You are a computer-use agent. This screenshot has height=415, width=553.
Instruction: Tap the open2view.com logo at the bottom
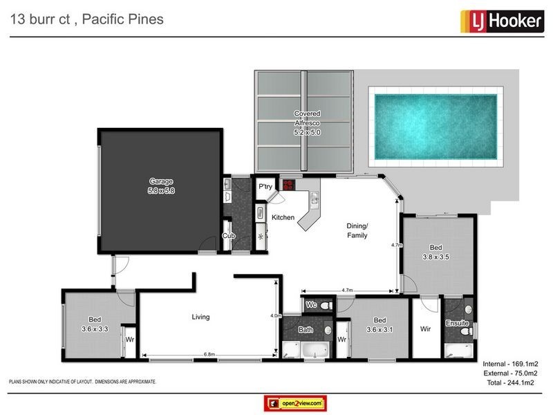(295, 403)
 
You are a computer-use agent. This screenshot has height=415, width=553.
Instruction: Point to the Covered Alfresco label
(307, 122)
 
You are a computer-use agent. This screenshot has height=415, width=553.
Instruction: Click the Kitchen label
(283, 217)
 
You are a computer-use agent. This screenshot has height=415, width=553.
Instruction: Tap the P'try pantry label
(266, 187)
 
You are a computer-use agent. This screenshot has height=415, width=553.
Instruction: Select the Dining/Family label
(357, 231)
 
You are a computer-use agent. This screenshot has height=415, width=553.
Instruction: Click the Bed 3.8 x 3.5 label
(435, 252)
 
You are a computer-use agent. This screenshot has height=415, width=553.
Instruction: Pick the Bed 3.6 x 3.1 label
(379, 325)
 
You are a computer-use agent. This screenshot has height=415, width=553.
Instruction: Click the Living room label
(200, 317)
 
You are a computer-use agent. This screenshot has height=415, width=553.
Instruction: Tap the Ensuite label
(457, 323)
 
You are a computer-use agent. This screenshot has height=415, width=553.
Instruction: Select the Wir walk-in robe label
(425, 329)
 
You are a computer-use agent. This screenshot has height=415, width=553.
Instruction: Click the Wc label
(311, 304)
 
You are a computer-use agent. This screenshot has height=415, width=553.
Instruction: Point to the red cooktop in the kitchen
(287, 184)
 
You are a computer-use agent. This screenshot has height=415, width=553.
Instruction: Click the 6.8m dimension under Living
(209, 355)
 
